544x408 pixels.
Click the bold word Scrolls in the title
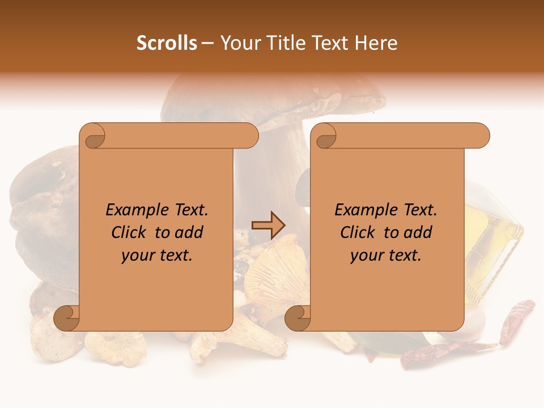pos(167,43)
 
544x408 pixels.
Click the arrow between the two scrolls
pos(268,225)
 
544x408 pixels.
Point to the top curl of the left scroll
pos(93,137)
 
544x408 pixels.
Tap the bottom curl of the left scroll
pos(66,318)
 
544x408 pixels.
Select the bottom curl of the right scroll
pos(297,318)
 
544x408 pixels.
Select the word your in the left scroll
pos(137,255)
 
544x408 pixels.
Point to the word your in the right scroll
pos(365,255)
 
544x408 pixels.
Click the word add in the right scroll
pos(419,232)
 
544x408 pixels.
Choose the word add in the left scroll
pos(190,232)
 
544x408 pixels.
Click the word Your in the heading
pos(239,43)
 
